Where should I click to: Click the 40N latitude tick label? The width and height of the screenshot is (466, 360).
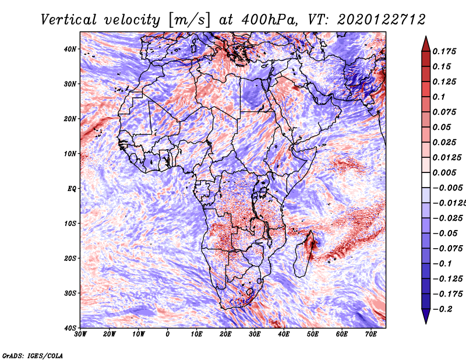click(x=70, y=49)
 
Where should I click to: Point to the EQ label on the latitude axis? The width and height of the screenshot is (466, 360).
click(x=72, y=189)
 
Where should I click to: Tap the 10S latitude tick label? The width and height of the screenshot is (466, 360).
click(x=70, y=224)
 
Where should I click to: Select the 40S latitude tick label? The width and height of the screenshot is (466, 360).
click(x=70, y=328)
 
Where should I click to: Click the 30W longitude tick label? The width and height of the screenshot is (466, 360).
click(x=80, y=334)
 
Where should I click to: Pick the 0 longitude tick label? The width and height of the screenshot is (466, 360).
click(x=168, y=334)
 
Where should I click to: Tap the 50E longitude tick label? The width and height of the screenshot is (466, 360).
click(x=313, y=334)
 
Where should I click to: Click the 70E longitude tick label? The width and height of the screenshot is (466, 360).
click(x=370, y=334)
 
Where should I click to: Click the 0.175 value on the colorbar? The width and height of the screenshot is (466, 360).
click(x=444, y=51)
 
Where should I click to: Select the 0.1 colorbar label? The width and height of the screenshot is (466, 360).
click(x=439, y=97)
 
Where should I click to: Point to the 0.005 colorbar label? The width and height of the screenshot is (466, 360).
click(x=444, y=172)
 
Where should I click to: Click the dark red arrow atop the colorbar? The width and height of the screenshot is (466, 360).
click(x=426, y=45)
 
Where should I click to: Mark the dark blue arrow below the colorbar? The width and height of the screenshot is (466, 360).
click(x=426, y=316)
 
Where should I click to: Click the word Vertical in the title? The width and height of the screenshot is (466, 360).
click(x=69, y=20)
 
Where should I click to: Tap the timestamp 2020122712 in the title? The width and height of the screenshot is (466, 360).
click(x=382, y=20)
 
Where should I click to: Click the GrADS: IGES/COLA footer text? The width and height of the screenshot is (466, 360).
click(x=33, y=355)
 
